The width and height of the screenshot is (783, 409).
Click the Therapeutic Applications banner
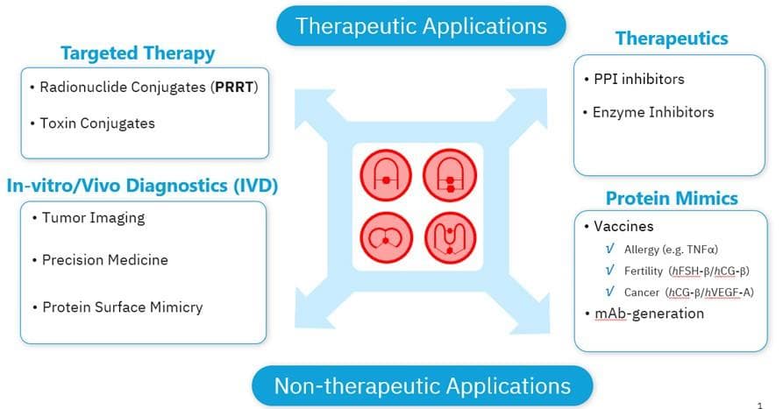[x=421, y=25]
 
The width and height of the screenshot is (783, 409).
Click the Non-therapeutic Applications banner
[x=422, y=385]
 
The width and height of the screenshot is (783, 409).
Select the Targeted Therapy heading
[x=138, y=53]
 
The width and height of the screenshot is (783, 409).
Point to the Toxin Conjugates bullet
[x=97, y=123]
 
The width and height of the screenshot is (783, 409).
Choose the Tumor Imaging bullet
[x=93, y=218]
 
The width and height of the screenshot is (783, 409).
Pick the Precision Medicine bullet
[x=104, y=260]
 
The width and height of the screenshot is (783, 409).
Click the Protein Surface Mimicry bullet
[x=122, y=307]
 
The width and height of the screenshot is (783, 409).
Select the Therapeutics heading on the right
[x=672, y=39]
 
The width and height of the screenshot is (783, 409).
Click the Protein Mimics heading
[x=672, y=198]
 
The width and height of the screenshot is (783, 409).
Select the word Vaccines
[x=623, y=226]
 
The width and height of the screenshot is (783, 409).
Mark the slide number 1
[x=771, y=403]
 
